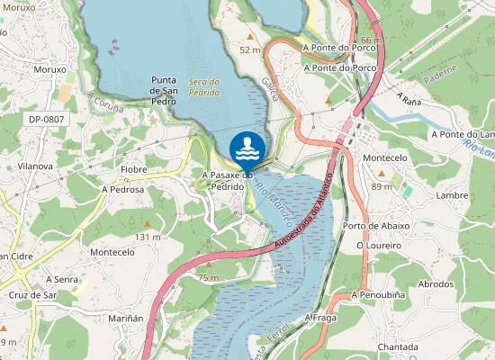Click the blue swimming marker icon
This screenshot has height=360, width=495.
[x=247, y=148]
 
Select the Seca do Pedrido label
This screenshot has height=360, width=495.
[x=204, y=86]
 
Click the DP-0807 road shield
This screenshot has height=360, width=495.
[x=46, y=118]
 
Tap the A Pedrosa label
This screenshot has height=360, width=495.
[x=122, y=190]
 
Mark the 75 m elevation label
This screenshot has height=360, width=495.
[x=208, y=278]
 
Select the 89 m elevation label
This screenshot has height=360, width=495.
[x=382, y=186]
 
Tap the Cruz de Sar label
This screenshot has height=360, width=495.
[x=33, y=295]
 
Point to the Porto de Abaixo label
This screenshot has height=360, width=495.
[x=376, y=226]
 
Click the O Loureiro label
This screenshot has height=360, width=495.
[x=377, y=245]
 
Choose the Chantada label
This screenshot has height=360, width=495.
[x=398, y=346]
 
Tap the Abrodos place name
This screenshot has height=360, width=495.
[x=436, y=283]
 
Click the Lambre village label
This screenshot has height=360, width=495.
[x=451, y=195]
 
